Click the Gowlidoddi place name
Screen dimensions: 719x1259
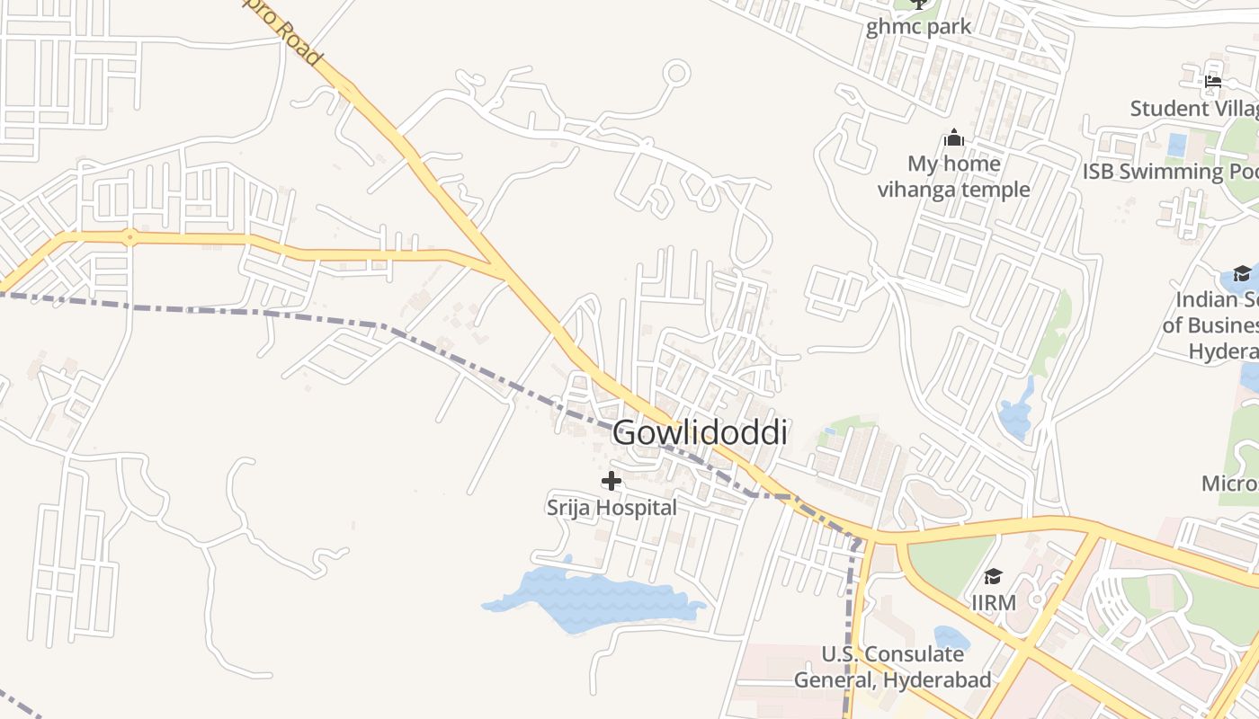tap(700, 433)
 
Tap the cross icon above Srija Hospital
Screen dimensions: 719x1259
tap(612, 481)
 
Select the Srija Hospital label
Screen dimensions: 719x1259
tap(612, 508)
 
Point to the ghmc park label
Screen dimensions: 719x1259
tap(918, 26)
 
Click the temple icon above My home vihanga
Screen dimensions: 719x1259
tap(953, 138)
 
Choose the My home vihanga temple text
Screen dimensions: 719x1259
tap(953, 176)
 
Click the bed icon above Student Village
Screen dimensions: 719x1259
tap(1212, 83)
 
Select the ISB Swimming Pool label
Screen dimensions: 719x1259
tap(1170, 172)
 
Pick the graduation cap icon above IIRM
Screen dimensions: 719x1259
tap(993, 576)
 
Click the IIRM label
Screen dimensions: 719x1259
tap(994, 602)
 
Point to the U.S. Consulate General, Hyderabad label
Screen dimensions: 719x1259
tap(892, 667)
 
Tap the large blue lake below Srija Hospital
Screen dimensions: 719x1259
tap(594, 598)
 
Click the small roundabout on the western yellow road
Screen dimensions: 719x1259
tap(129, 238)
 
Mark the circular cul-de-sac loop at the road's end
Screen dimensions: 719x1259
tap(676, 73)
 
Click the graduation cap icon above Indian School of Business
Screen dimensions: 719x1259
tap(1241, 273)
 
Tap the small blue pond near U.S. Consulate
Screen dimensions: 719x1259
tap(951, 638)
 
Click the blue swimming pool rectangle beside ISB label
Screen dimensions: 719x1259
tap(1176, 145)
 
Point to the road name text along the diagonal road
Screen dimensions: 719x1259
tap(293, 36)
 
